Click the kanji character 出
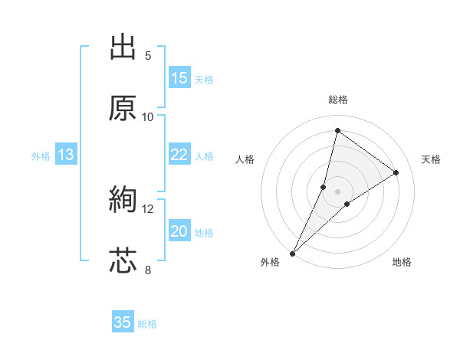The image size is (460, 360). click(x=123, y=47)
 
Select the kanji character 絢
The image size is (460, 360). click(x=123, y=201)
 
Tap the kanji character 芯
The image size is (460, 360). click(x=123, y=261)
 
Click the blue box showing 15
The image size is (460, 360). click(x=179, y=78)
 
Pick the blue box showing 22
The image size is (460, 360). click(x=179, y=155)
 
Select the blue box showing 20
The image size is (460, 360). click(x=179, y=231)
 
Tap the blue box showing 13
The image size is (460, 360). click(x=65, y=155)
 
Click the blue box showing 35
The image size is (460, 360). click(x=123, y=322)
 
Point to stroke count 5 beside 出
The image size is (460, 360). click(x=148, y=55)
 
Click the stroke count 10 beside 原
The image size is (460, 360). click(x=148, y=116)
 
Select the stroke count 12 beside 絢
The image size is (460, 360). click(x=148, y=208)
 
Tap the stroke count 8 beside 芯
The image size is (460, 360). click(x=148, y=270)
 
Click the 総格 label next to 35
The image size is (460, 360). click(x=147, y=324)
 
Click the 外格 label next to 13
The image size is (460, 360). click(x=41, y=156)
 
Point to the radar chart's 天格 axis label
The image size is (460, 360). click(x=431, y=159)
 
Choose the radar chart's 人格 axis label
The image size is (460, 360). click(x=245, y=159)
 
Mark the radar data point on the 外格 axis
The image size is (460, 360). click(x=293, y=253)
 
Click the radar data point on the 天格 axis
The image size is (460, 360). click(x=396, y=172)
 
